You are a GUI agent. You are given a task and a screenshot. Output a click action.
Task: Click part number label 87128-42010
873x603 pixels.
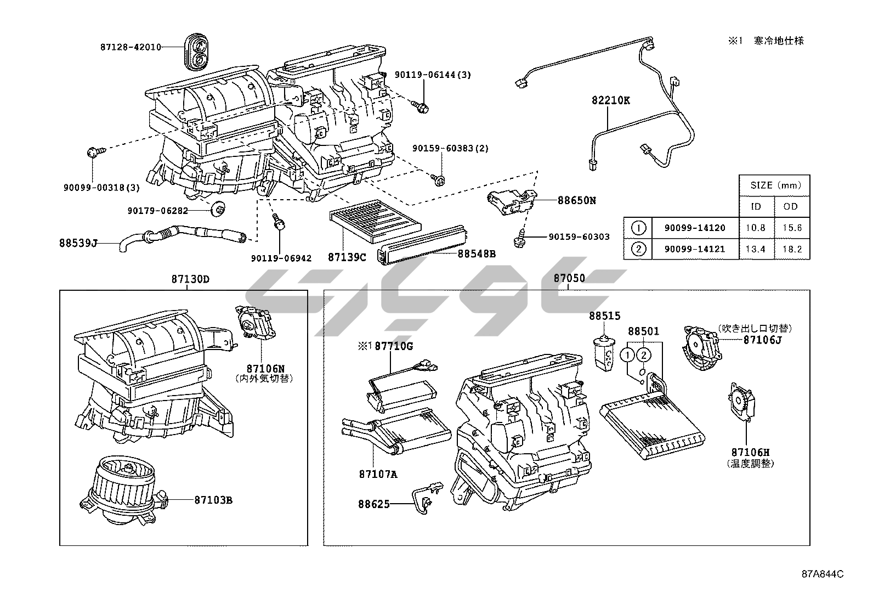(131, 47)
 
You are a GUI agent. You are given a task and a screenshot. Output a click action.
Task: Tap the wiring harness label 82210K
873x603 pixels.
(610, 101)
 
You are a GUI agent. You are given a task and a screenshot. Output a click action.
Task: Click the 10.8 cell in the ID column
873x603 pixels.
(756, 228)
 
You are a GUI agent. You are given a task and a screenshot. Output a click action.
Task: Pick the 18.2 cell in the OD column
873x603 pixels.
(792, 249)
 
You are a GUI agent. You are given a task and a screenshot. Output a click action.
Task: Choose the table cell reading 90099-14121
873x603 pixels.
(694, 249)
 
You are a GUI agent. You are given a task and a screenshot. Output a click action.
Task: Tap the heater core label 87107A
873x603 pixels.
(378, 474)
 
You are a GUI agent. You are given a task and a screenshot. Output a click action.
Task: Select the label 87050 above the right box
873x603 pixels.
(569, 278)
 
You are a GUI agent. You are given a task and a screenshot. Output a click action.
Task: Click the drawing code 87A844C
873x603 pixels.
(821, 574)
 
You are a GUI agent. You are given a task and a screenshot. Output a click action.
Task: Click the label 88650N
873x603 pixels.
(576, 200)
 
